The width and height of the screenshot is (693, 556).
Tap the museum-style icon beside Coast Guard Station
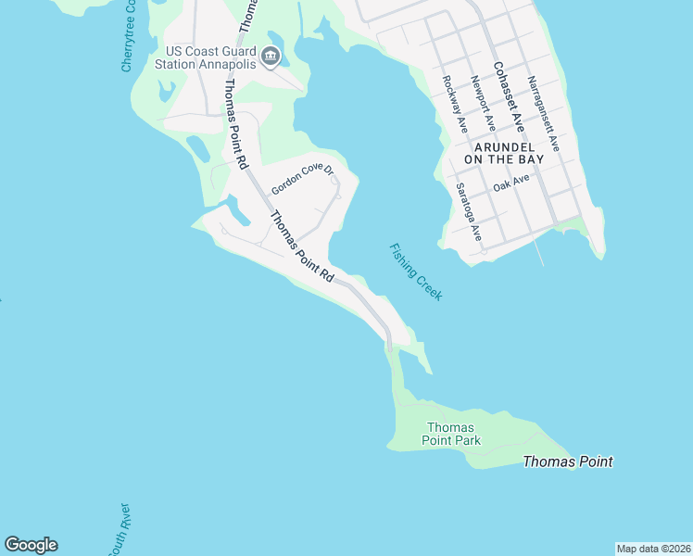pyautogui.click(x=271, y=57)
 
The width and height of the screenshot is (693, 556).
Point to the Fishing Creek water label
pyautogui.click(x=416, y=272)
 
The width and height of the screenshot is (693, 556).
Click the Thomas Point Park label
pyautogui.click(x=452, y=434)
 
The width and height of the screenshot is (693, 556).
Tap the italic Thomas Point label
pyautogui.click(x=567, y=461)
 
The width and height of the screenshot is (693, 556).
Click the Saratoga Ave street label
pyautogui.click(x=469, y=212)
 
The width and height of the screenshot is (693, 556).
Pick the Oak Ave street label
pyautogui.click(x=510, y=184)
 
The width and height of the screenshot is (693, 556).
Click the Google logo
pyautogui.click(x=31, y=545)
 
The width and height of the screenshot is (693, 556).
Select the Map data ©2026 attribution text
pyautogui.click(x=654, y=549)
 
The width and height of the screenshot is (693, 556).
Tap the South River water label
pyautogui.click(x=119, y=530)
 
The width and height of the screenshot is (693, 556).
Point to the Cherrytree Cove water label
pyautogui.click(x=130, y=37)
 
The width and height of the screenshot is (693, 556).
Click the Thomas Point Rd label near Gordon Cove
pyautogui.click(x=301, y=247)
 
